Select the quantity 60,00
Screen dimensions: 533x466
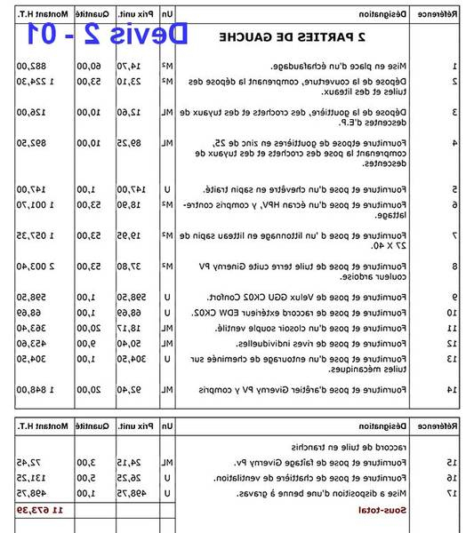point(88,67)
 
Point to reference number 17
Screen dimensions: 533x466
point(452,492)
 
